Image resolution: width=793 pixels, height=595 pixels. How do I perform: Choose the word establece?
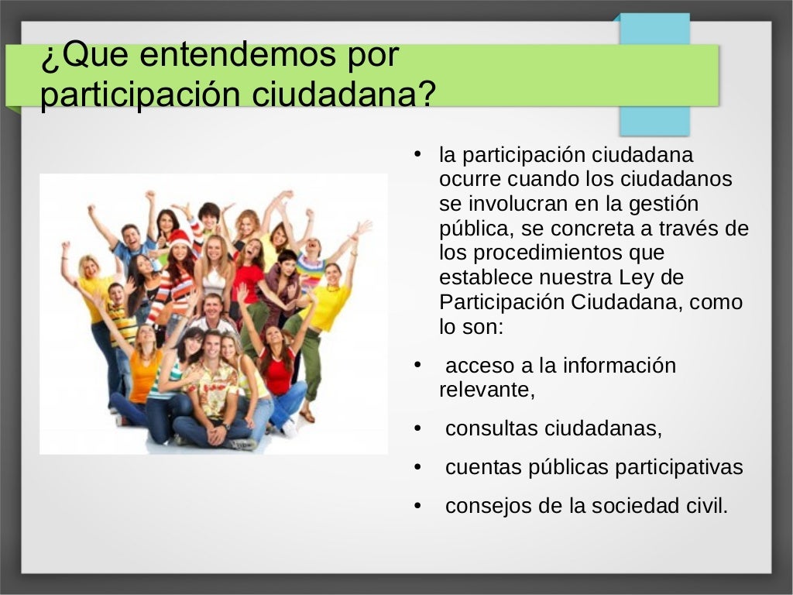point(485,277)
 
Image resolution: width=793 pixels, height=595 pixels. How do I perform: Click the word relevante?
point(486,390)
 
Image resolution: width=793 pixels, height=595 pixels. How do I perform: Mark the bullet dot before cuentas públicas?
point(418,468)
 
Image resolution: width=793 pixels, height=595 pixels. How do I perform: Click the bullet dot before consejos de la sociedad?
point(418,507)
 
